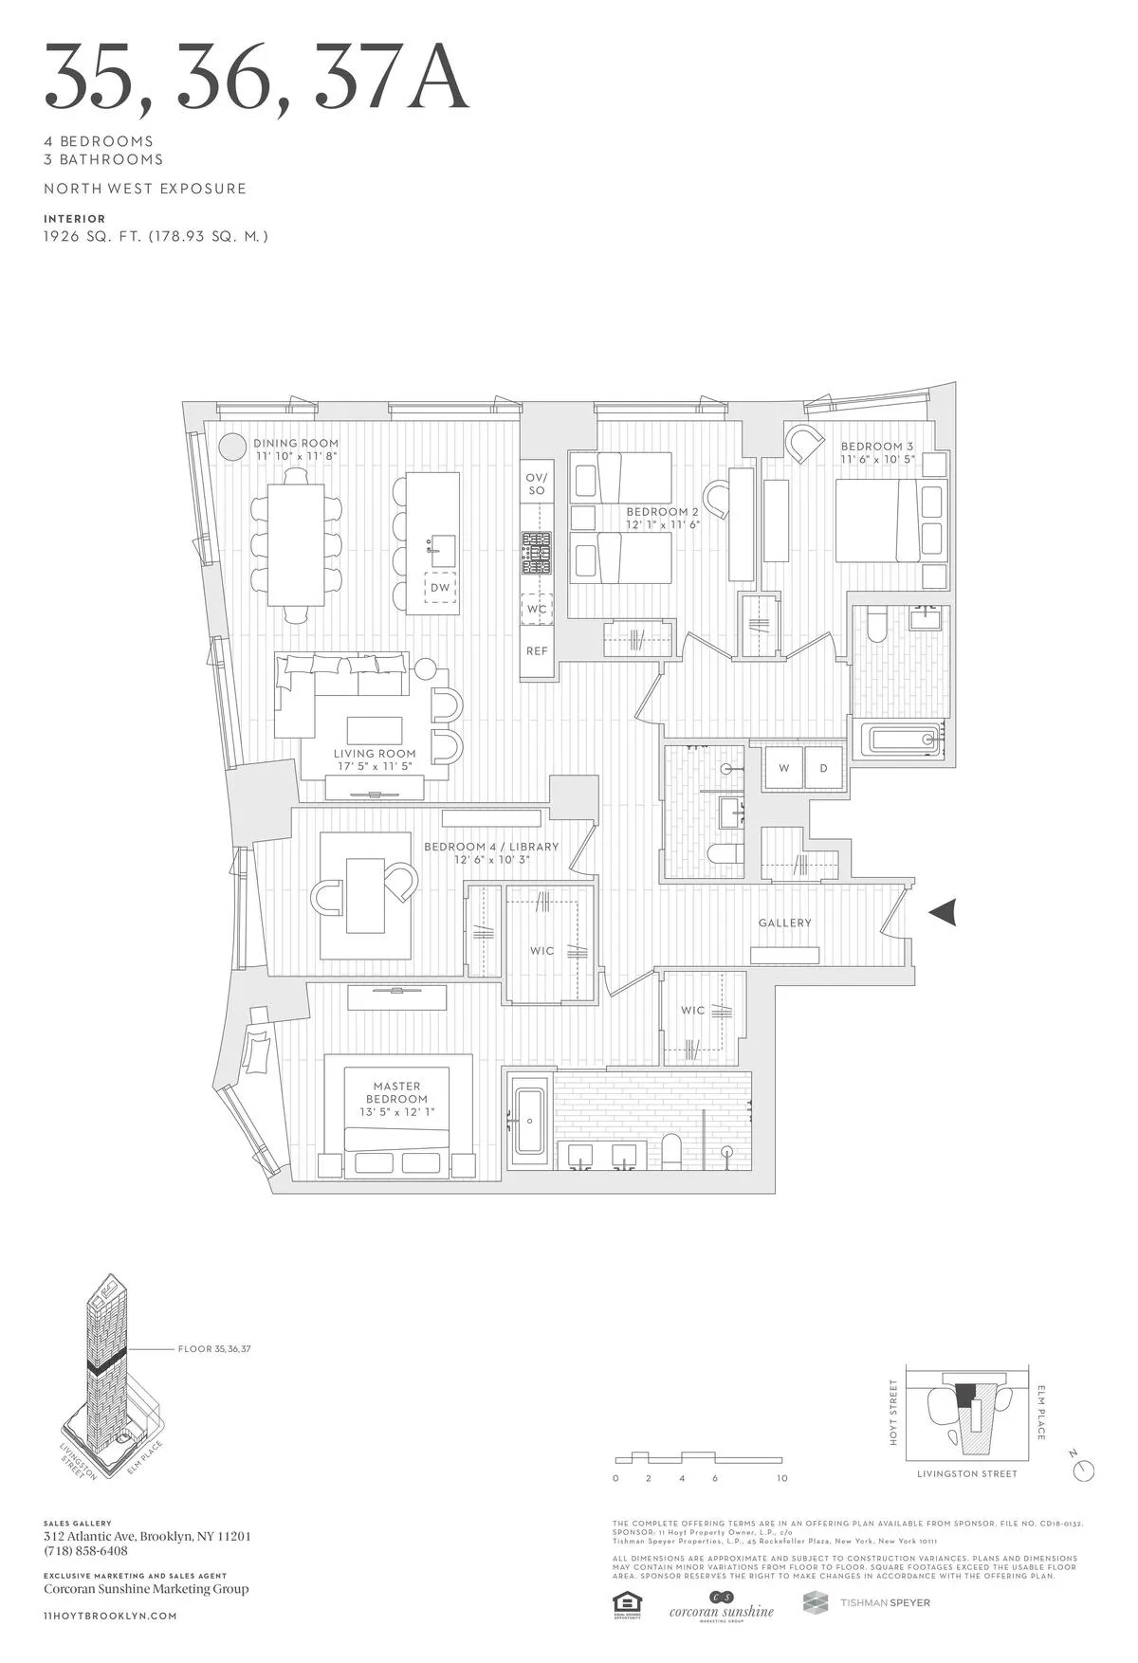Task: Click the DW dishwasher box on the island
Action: [440, 588]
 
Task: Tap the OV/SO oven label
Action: [537, 484]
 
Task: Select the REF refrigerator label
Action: [537, 651]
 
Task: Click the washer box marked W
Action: [784, 768]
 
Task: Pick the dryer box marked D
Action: [824, 768]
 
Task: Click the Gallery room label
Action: [784, 923]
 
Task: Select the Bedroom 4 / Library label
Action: [491, 847]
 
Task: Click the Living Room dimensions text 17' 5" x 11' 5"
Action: [375, 766]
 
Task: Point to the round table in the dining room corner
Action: [231, 446]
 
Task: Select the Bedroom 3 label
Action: [877, 447]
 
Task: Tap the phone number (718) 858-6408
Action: [85, 1551]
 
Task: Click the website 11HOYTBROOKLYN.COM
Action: [110, 1616]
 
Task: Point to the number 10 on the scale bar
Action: [781, 1478]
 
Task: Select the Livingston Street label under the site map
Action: [966, 1473]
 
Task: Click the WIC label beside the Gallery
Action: [692, 1011]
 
